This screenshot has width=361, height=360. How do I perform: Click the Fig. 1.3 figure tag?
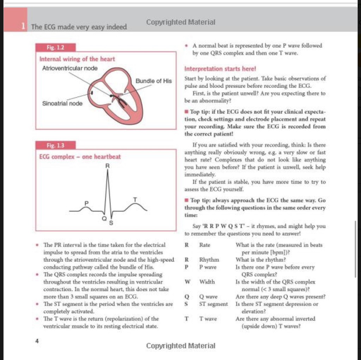56,145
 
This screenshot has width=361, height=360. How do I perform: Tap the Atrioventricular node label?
70,68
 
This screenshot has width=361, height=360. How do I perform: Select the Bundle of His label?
154,81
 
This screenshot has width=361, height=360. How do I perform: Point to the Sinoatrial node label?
62,104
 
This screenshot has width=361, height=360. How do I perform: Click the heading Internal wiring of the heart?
77,59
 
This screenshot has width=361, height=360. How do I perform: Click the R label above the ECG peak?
108,166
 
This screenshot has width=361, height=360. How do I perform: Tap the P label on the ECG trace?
86,203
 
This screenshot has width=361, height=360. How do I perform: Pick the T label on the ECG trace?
135,200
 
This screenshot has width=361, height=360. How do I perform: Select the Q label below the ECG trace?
104,219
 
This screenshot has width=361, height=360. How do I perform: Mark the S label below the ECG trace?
111,223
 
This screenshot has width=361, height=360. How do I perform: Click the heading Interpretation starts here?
220,69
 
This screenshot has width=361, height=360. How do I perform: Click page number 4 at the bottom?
37,341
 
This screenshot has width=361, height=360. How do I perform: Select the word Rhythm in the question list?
209,260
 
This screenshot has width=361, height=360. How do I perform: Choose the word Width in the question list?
207,282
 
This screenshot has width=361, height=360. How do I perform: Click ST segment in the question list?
213,304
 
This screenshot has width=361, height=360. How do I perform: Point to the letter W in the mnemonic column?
187,282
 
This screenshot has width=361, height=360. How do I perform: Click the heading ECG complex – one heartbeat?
80,157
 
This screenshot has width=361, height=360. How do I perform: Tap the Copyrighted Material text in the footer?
180,346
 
